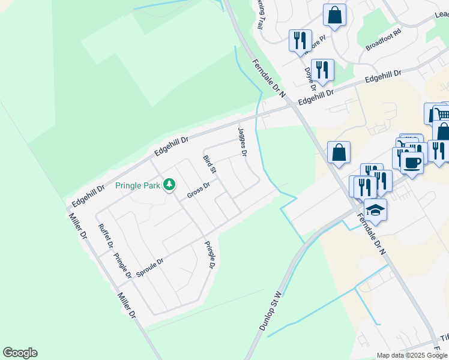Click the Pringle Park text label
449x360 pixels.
click(137, 185)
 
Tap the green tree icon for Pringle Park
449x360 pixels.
click(169, 184)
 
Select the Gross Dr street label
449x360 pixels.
click(198, 191)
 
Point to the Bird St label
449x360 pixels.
click(209, 164)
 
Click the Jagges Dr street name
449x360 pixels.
click(242, 142)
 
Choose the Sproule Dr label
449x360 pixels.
click(150, 265)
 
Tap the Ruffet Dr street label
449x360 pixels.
click(105, 236)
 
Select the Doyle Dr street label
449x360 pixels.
click(309, 77)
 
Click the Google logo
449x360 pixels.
click(20, 353)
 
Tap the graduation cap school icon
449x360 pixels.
click(376, 210)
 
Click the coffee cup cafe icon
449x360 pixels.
click(412, 163)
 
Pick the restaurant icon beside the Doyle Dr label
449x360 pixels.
click(322, 70)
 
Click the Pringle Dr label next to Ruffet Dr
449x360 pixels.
click(122, 265)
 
